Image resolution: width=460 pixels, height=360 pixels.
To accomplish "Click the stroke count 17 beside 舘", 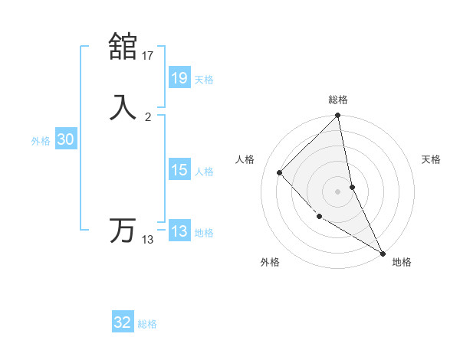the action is point(148,55).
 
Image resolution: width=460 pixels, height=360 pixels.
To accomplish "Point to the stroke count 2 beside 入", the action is point(148,117).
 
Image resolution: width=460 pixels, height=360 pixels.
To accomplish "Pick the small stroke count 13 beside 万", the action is point(148,240).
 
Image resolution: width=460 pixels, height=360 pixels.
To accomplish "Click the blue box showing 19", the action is point(179,77).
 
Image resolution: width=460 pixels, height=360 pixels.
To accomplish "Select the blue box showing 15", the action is point(179,170).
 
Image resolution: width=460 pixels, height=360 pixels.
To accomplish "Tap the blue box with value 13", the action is point(179,231).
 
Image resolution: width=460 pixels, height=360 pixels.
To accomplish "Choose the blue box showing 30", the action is point(65,139).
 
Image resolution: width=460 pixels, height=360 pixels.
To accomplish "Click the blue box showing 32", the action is point(123,322).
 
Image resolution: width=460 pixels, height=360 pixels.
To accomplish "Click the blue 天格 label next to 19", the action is point(204,80).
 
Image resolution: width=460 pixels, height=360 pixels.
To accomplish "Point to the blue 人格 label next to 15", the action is point(204,172).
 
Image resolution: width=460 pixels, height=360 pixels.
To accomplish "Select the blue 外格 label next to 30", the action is point(41,141).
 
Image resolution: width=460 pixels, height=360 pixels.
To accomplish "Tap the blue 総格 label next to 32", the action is point(147,324).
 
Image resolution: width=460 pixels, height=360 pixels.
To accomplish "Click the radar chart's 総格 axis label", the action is point(338,100).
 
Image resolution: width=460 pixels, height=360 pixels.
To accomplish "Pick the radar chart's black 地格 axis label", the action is point(402,262).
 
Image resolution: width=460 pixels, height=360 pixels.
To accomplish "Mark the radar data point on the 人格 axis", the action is point(279,172).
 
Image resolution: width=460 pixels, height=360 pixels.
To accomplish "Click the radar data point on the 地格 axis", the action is point(383,253).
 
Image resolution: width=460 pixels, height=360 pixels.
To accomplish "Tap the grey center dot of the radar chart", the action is point(338,191).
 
